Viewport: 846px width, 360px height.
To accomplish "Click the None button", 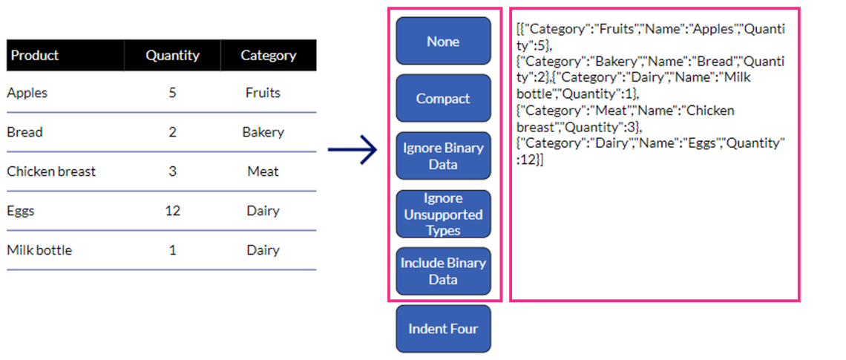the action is coord(444,41).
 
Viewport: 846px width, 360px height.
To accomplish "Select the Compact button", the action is coord(444,98).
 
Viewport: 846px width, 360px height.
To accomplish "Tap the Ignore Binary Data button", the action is coord(444,156).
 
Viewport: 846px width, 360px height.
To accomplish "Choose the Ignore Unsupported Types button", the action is coord(444,214).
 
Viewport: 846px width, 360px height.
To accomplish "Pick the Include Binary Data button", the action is coord(444,271).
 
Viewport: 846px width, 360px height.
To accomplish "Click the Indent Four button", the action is coord(444,329).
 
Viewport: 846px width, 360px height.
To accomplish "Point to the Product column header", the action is coord(35,55).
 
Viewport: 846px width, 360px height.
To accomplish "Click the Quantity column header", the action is coord(173,55).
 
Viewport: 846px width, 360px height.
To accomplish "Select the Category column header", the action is coord(268,55).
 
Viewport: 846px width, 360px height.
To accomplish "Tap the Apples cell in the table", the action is coord(27,93).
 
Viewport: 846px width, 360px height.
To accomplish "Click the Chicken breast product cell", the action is coord(51,171).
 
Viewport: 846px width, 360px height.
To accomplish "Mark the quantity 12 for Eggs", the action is coord(173,211).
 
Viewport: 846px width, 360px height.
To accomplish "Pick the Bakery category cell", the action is coord(263,132).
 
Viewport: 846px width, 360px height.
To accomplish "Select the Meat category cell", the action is coord(263,171).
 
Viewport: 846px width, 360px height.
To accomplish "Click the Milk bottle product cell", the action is coord(39,250).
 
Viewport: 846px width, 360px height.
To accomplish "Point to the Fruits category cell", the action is coord(263,93).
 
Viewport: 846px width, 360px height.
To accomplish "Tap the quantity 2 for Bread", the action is coord(173,132).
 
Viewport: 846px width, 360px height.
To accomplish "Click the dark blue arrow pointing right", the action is coord(352,149).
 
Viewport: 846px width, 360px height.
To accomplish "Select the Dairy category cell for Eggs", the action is coord(263,211).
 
